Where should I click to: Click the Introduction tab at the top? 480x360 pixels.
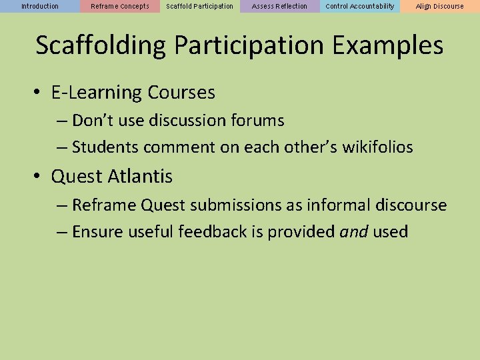coord(40,6)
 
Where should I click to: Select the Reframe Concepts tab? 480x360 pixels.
coord(120,6)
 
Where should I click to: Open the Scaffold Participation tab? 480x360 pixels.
coord(200,6)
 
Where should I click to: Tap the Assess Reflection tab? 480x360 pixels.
coord(280,6)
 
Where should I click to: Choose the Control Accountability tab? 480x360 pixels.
coord(360,6)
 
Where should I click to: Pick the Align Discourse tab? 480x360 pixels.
coord(440,6)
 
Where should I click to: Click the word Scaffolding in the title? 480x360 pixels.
coord(100,46)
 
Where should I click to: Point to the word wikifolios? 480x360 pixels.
coord(377,147)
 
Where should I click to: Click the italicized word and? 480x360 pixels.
coord(353,232)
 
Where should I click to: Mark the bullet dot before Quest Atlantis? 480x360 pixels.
coord(39,177)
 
